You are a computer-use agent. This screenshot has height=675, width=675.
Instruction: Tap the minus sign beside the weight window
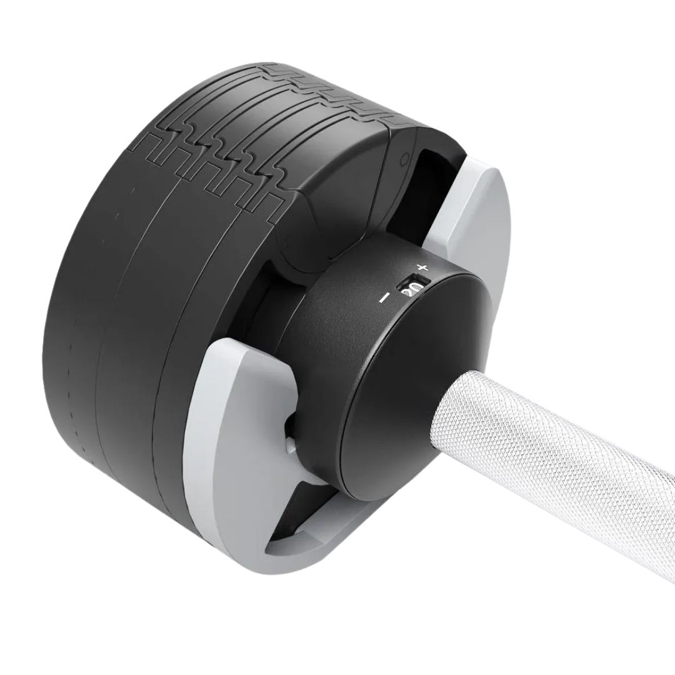click(x=384, y=298)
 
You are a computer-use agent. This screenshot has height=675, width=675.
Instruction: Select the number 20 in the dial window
click(x=411, y=289)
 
